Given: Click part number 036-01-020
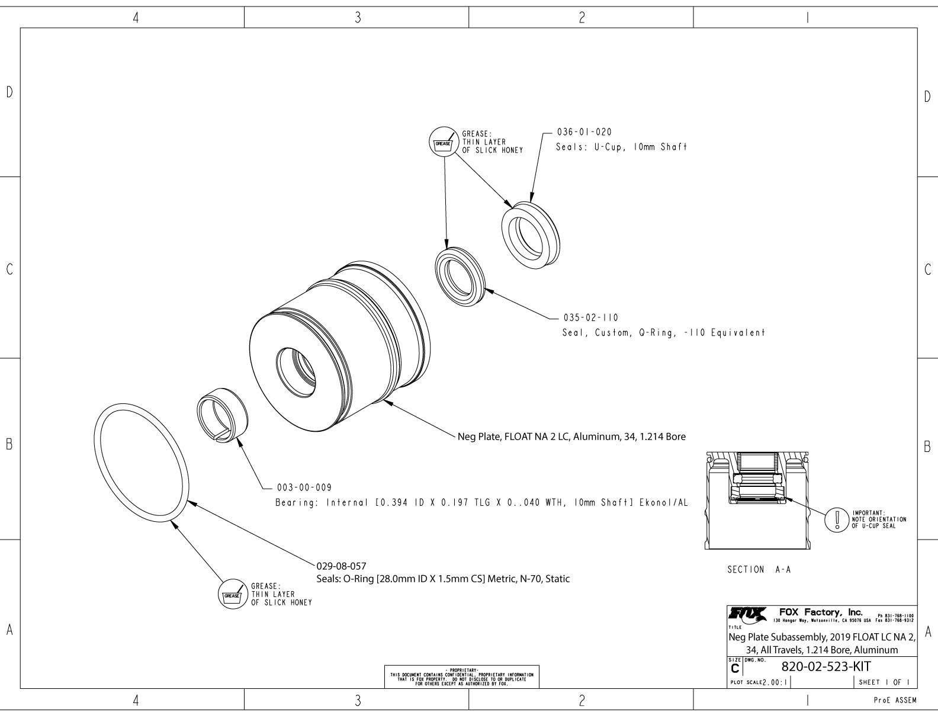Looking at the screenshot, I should (584, 131).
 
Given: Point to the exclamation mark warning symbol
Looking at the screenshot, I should (837, 519).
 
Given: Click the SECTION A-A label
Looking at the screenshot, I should (759, 570).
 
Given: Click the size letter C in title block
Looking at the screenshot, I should (735, 669).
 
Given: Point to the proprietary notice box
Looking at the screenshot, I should (462, 676).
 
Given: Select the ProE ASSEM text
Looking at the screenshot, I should (895, 701).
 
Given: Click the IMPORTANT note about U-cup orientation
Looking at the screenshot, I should (878, 519).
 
